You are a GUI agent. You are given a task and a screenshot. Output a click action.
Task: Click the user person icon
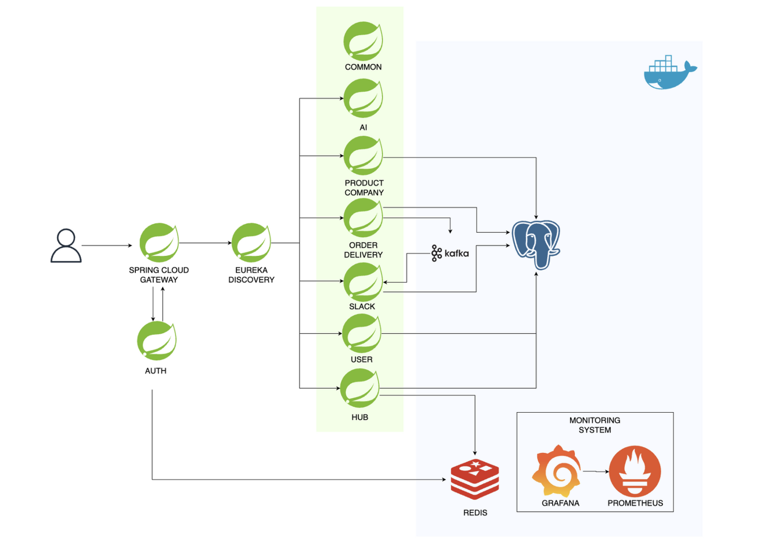66,246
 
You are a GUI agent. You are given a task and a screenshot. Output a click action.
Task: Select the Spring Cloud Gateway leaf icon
159,242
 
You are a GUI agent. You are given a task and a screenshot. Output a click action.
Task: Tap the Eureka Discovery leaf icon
251,242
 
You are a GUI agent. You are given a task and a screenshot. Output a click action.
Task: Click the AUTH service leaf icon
156,341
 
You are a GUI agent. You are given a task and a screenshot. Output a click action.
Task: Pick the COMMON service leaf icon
363,41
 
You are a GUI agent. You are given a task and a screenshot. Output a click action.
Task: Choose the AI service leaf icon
363,99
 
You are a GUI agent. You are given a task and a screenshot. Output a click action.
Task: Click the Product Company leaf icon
363,156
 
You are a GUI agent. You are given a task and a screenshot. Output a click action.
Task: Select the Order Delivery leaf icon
363,218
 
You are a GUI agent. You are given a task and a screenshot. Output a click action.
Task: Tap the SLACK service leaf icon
363,282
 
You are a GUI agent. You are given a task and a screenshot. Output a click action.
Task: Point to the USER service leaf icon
361,334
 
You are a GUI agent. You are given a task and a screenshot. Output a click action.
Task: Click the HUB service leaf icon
359,388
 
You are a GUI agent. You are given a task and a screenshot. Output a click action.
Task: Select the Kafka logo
450,253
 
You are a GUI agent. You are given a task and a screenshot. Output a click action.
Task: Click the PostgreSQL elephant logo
535,245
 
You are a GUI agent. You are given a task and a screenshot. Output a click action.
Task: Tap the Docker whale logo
669,73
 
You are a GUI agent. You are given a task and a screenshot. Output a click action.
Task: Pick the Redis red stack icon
475,480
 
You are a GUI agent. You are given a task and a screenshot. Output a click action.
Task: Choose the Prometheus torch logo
635,471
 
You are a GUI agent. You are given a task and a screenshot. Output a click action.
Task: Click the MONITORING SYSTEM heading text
595,425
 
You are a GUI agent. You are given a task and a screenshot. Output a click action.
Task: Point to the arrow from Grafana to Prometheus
595,471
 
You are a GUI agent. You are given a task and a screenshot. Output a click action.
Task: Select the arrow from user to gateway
107,245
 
